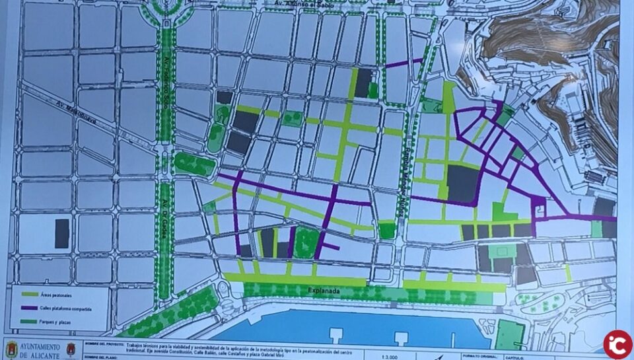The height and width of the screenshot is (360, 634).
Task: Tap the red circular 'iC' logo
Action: [617, 344]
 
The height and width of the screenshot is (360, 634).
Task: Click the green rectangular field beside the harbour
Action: [510, 334]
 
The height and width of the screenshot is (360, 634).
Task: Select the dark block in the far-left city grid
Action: [61, 234]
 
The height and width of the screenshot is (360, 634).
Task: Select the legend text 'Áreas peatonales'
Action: [63, 293]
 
